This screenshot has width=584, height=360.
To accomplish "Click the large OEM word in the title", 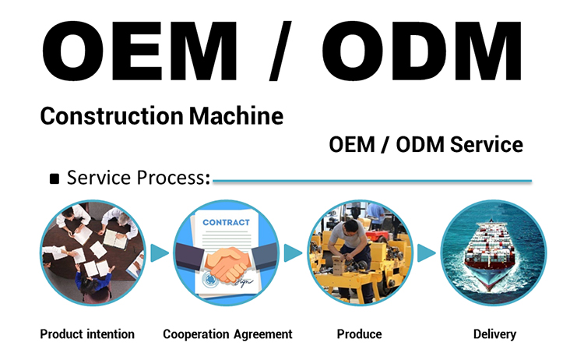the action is pyautogui.click(x=139, y=51).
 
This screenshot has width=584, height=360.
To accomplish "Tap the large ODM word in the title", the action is pyautogui.click(x=422, y=51).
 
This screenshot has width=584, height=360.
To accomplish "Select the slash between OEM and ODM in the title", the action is pyautogui.click(x=280, y=51).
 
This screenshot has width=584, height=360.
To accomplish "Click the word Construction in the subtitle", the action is pyautogui.click(x=111, y=116).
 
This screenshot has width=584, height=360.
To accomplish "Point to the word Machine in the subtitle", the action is pyautogui.click(x=236, y=116).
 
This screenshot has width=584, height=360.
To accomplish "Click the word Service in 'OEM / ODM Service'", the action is pyautogui.click(x=487, y=145).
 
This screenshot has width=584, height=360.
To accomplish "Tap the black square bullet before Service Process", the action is pyautogui.click(x=55, y=179).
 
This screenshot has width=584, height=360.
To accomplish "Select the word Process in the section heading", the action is pyautogui.click(x=174, y=178).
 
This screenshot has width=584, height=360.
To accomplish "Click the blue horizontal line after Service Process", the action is pyautogui.click(x=372, y=181).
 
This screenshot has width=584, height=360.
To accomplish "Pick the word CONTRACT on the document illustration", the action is pyautogui.click(x=226, y=223).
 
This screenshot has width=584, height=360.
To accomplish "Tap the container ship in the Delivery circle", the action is pyautogui.click(x=490, y=253).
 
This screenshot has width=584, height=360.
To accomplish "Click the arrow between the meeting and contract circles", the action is pyautogui.click(x=160, y=253).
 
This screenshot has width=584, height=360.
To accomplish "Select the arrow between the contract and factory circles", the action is pyautogui.click(x=293, y=253).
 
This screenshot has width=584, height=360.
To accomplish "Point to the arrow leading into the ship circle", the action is pyautogui.click(x=426, y=253).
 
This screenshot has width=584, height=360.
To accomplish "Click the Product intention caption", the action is pyautogui.click(x=87, y=334).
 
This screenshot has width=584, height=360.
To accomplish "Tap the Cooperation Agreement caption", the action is pyautogui.click(x=227, y=334).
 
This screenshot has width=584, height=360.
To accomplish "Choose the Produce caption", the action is pyautogui.click(x=359, y=334).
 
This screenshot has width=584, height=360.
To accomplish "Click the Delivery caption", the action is pyautogui.click(x=494, y=334).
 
